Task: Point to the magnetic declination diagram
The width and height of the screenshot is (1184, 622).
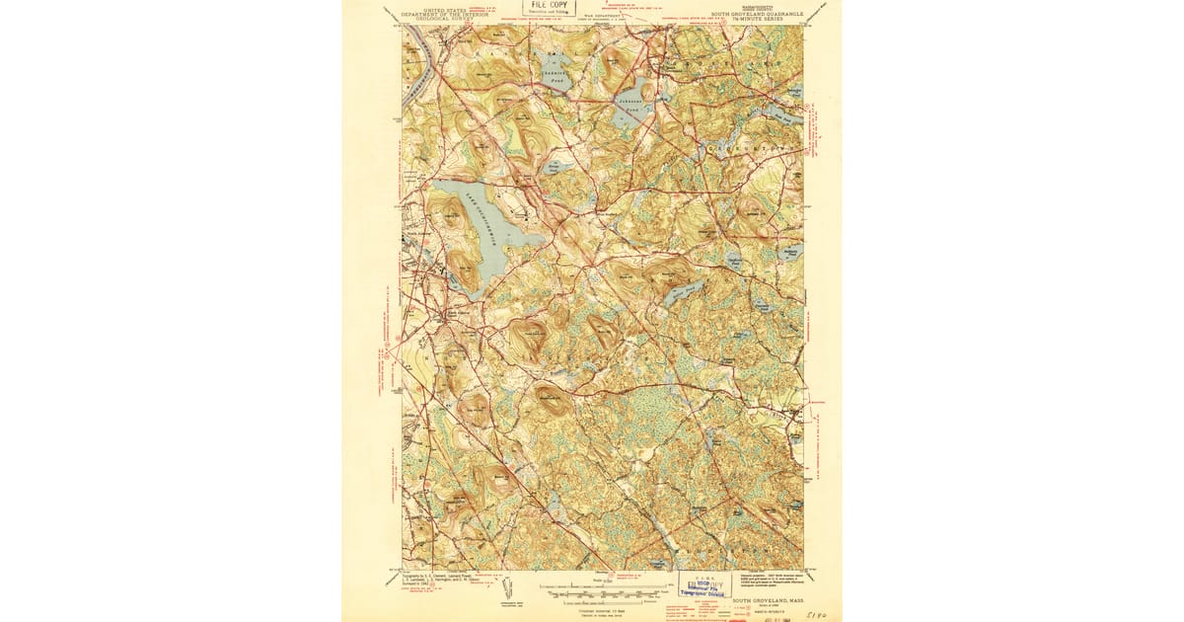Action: click(x=509, y=594)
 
